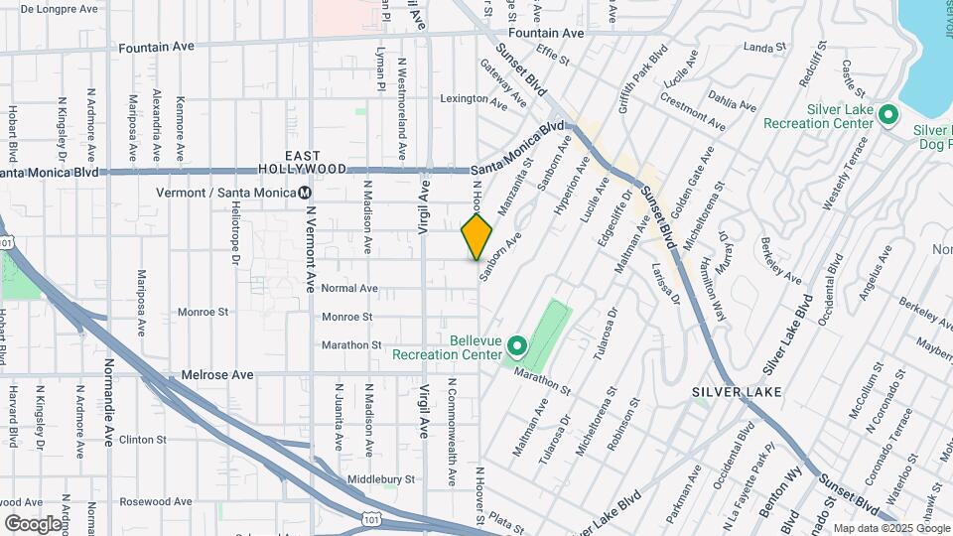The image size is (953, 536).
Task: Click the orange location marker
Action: point(476,236)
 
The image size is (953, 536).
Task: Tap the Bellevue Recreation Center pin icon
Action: point(516,346)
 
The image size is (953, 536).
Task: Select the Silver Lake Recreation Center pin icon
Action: point(888,116)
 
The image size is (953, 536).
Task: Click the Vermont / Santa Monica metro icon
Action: point(306,193)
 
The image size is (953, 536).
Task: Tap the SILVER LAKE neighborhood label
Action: point(737,392)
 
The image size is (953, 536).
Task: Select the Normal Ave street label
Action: point(349,288)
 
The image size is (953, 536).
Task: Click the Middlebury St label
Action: point(380,479)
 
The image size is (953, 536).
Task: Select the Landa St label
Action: point(764,47)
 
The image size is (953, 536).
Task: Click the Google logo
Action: point(33,523)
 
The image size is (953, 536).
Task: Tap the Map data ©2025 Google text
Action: point(889,528)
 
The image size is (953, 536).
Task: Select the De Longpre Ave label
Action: point(62,8)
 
